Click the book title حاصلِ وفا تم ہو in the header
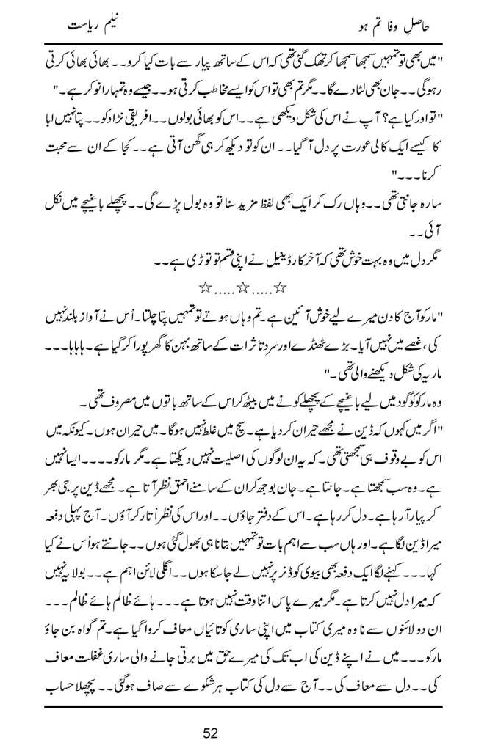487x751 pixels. pyautogui.click(x=381, y=32)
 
